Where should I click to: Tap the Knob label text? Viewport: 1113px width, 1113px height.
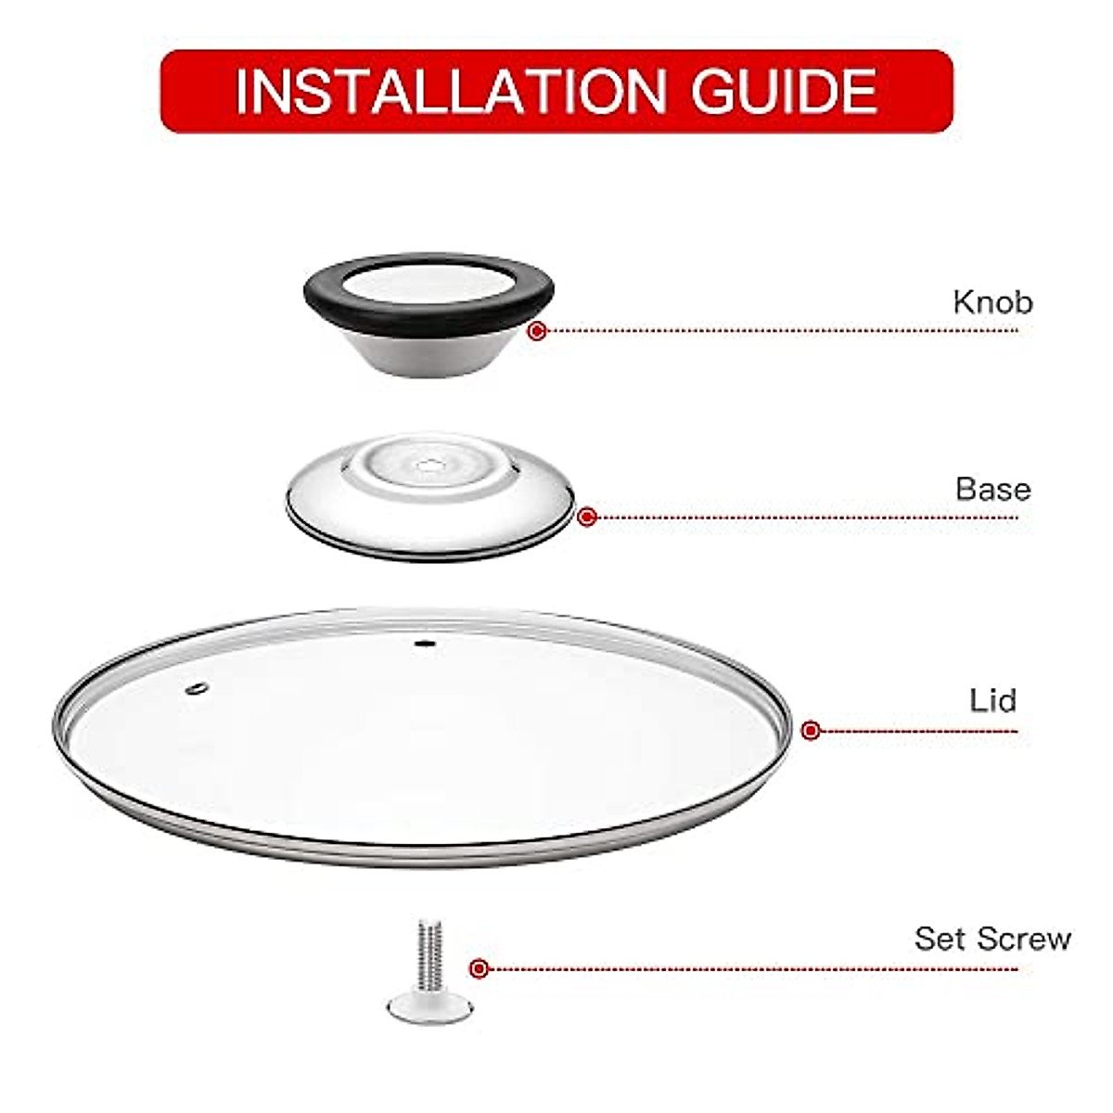(x=992, y=302)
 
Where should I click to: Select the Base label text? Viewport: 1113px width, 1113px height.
(x=993, y=489)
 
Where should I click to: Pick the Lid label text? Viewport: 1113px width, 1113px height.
(x=993, y=700)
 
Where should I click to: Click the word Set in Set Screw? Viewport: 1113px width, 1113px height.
(x=939, y=939)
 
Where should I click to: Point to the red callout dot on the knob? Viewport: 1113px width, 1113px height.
(x=536, y=330)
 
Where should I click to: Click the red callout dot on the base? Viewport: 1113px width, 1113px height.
(x=586, y=518)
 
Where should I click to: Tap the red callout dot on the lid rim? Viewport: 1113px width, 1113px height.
(x=811, y=730)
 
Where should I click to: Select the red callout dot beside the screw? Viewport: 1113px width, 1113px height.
(x=479, y=969)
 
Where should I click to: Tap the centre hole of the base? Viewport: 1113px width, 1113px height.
(x=429, y=465)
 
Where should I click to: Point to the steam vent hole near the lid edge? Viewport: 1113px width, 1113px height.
(x=198, y=687)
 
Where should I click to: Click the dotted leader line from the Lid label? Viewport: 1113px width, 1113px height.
(x=918, y=731)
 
